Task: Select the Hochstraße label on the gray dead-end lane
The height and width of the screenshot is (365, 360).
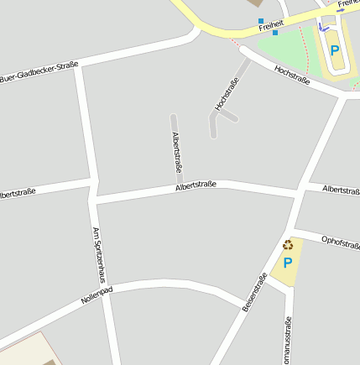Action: tap(227, 93)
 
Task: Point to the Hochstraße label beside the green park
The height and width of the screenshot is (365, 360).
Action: tap(292, 75)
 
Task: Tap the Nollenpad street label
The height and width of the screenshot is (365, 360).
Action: tap(97, 295)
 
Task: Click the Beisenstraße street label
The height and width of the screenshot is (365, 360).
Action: tap(254, 296)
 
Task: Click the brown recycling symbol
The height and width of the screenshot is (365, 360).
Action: tap(288, 245)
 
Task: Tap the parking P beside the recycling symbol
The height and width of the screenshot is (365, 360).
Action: tap(288, 263)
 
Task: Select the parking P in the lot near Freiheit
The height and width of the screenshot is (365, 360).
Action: tap(335, 50)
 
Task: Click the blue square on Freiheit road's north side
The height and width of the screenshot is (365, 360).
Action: tap(261, 20)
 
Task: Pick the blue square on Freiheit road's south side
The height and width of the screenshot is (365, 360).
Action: tap(275, 33)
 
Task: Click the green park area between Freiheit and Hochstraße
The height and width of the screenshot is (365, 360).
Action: tap(286, 46)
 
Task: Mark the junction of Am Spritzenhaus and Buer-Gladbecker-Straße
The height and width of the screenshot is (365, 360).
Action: tap(78, 66)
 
